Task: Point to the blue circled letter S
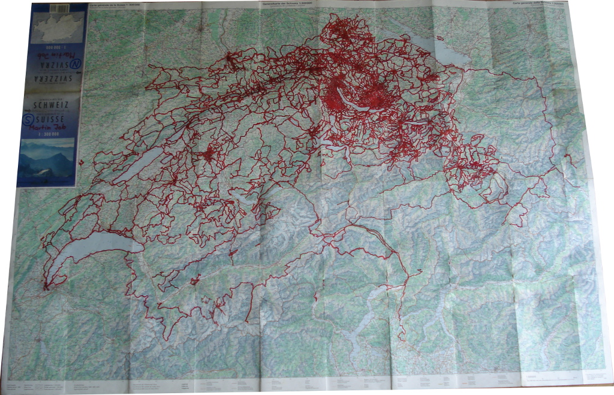28,120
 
